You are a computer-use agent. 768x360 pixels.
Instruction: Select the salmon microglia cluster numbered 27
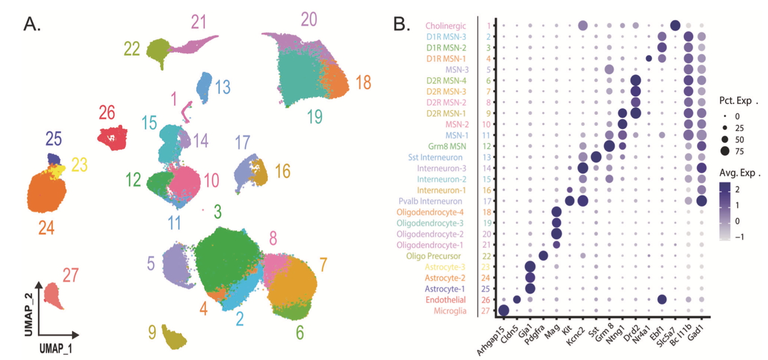pos(53,295)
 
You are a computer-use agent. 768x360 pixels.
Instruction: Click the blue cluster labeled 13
pos(205,88)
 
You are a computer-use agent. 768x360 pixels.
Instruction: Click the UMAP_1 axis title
pos(58,348)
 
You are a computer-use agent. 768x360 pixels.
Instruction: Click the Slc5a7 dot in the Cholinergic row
pos(674,26)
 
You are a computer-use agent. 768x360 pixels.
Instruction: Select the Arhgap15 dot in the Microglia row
pos(503,310)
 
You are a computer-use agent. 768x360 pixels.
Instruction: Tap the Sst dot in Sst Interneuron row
pos(596,157)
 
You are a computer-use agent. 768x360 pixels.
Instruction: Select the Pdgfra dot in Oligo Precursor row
pos(543,256)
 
